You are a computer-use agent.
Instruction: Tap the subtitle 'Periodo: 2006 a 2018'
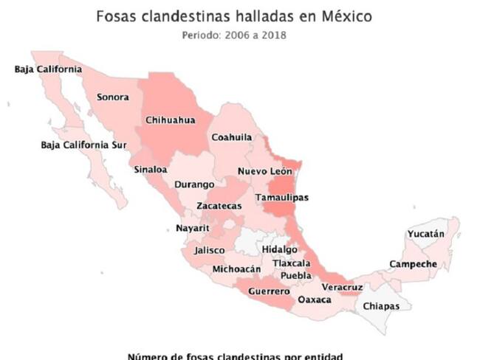[234, 34]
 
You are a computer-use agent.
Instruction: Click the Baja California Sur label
[84, 145]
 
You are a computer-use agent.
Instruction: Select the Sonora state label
[113, 97]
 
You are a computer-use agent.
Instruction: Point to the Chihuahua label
[171, 120]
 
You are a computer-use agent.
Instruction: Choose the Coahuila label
[232, 137]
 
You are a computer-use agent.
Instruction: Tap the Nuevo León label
[265, 171]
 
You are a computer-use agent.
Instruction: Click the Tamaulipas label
[281, 198]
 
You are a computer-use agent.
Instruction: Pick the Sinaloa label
[150, 169]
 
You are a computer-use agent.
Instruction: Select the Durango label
[194, 184]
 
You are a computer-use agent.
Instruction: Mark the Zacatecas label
[219, 206]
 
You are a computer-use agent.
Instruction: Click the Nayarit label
[193, 228]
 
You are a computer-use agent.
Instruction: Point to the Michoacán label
[236, 269]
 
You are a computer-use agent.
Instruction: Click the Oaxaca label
[313, 300]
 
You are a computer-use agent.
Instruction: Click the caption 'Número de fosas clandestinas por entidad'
[235, 355]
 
